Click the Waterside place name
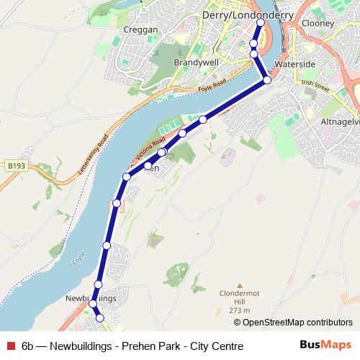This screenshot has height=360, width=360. [x=295, y=64]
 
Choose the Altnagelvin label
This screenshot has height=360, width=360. [x=339, y=121]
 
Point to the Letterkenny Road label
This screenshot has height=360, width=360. [x=92, y=153]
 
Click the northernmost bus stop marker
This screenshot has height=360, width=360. [x=260, y=22]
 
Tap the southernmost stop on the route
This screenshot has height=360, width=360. [x=100, y=318]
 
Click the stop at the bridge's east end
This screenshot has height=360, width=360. [x=267, y=79]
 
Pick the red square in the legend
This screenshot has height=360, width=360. [x=11, y=346]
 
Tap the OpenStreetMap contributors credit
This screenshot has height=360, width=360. [x=293, y=323]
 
